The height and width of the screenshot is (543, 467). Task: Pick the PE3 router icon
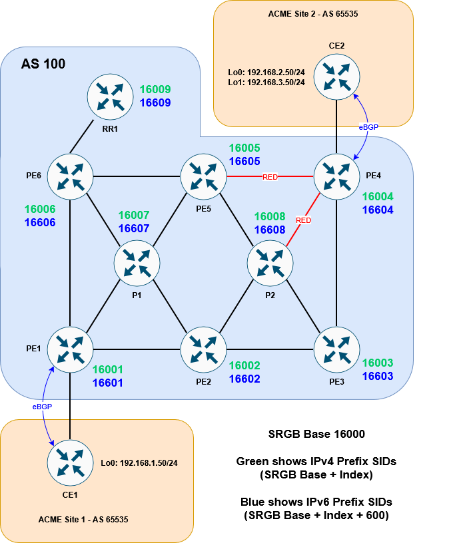[336, 349]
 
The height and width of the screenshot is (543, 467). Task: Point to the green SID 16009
[155, 89]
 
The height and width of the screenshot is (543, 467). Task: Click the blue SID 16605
[244, 161]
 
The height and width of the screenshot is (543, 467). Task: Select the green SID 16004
[378, 197]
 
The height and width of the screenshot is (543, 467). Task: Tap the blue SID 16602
[244, 379]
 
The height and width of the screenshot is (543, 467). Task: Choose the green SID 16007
[134, 216]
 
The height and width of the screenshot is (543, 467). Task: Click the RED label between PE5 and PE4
[270, 177]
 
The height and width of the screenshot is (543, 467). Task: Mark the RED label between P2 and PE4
[304, 220]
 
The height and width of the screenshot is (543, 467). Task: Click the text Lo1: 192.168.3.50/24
[266, 82]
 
